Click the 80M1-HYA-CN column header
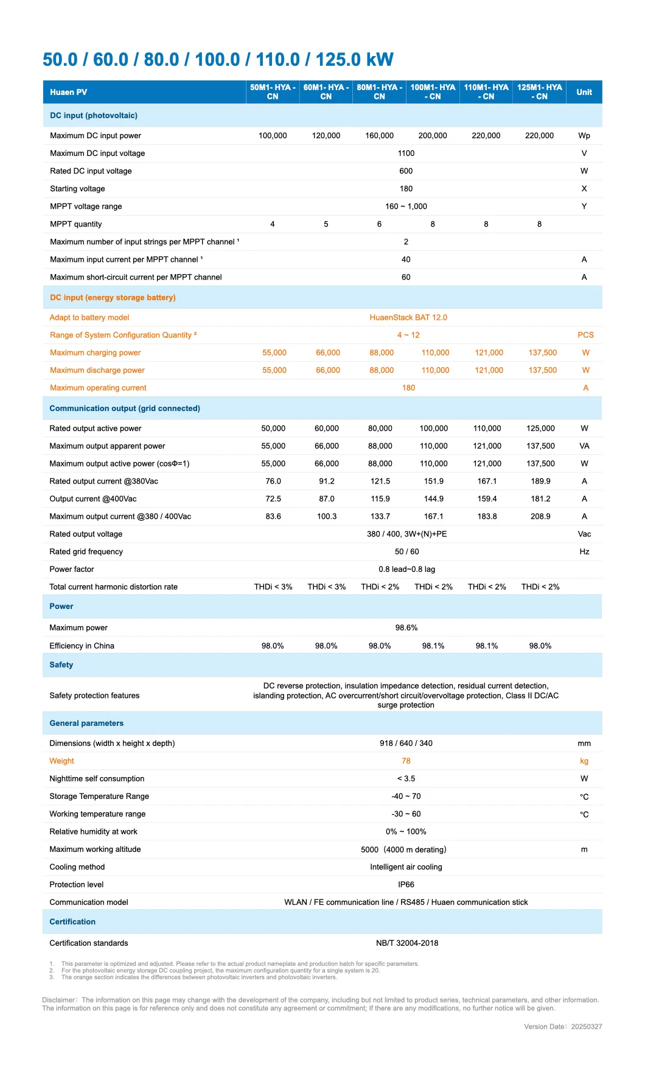tap(379, 92)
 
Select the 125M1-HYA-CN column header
tap(540, 92)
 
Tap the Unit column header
tap(584, 92)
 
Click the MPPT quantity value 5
tap(326, 224)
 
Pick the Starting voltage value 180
tap(406, 189)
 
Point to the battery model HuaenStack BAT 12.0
tap(408, 317)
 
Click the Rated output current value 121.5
tap(380, 481)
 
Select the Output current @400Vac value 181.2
tap(540, 499)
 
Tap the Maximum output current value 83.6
tap(273, 516)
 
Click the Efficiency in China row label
tap(82, 646)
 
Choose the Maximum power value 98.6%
tap(406, 628)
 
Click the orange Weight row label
tap(61, 761)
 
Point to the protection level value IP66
tap(406, 884)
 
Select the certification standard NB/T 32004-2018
tap(407, 943)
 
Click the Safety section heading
tap(61, 665)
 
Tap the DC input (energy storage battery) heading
tap(113, 297)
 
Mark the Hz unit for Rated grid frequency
tap(584, 552)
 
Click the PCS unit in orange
tap(585, 335)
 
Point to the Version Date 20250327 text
tap(563, 1026)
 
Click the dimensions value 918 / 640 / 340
tap(406, 743)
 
